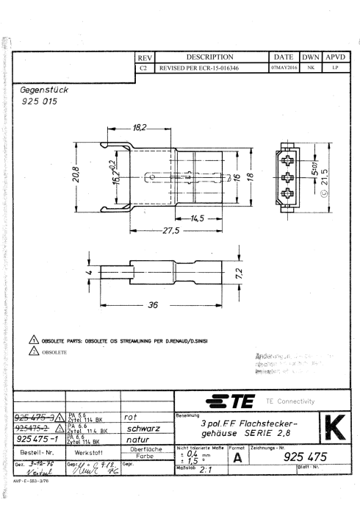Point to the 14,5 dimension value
(x=196, y=218)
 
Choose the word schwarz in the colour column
(x=150, y=425)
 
